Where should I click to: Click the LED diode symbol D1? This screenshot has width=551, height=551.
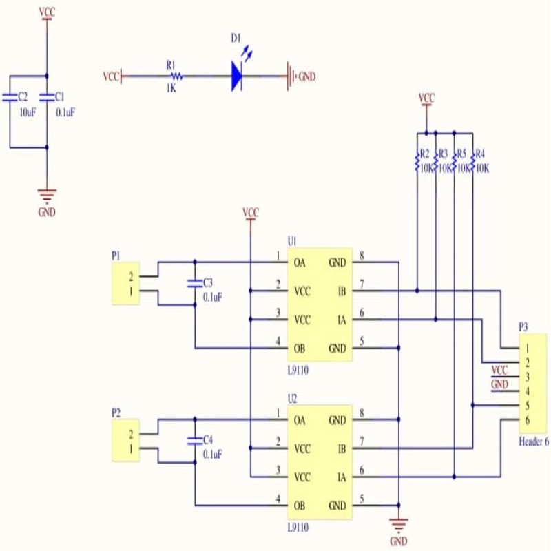[x=237, y=76]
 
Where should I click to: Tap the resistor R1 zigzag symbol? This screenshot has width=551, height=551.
[x=176, y=76]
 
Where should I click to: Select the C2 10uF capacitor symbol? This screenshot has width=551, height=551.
[x=10, y=97]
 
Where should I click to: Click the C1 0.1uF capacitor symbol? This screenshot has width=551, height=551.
[x=47, y=97]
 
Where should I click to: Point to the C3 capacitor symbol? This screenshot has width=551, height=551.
[x=195, y=284]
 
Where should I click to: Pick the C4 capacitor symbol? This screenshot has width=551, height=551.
[x=195, y=441]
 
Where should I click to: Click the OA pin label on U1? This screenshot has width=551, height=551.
[x=300, y=262]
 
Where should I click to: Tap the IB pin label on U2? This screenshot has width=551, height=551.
[x=342, y=449]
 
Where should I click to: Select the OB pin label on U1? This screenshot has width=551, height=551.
[x=300, y=349]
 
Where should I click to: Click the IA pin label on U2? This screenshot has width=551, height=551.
[x=342, y=477]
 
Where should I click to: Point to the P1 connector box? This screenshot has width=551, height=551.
[x=126, y=283]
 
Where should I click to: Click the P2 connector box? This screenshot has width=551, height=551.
[x=126, y=440]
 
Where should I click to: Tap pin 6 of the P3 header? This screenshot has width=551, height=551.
[x=527, y=420]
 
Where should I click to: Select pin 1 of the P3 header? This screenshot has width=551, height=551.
[x=527, y=349]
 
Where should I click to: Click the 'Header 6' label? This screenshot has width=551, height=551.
[x=534, y=441]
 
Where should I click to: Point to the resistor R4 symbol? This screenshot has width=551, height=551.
[x=472, y=163]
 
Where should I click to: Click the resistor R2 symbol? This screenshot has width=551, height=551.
[x=417, y=163]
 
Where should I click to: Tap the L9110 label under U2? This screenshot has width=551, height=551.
[x=298, y=528]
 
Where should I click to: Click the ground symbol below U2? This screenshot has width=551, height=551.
[x=399, y=524]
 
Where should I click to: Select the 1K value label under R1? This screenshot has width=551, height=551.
[x=171, y=88]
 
